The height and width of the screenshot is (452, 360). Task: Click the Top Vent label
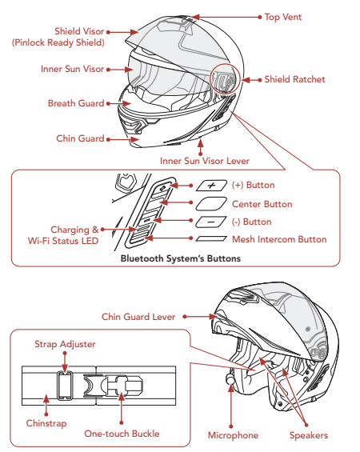[283, 17]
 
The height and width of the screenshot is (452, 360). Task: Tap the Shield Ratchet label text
[294, 79]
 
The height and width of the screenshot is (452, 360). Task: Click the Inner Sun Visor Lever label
[205, 161]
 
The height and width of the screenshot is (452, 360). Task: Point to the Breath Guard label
[76, 103]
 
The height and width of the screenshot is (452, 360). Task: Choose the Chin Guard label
[80, 138]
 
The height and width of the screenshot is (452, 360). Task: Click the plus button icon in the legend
[211, 186]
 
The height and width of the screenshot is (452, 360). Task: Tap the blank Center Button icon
[211, 204]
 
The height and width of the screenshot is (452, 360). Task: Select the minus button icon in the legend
[211, 222]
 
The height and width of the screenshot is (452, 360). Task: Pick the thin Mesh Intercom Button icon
[211, 238]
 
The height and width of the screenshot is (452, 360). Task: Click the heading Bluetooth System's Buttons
[181, 258]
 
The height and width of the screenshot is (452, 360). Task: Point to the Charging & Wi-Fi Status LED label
[63, 235]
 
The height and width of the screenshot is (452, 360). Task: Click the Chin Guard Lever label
[138, 317]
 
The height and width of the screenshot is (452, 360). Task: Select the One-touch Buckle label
[122, 434]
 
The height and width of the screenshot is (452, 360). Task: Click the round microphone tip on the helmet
[230, 378]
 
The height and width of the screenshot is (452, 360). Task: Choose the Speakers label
[309, 435]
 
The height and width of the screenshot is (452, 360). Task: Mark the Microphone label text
[233, 435]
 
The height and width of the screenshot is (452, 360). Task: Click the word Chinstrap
[46, 423]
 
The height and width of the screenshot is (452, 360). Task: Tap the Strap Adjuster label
[65, 344]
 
